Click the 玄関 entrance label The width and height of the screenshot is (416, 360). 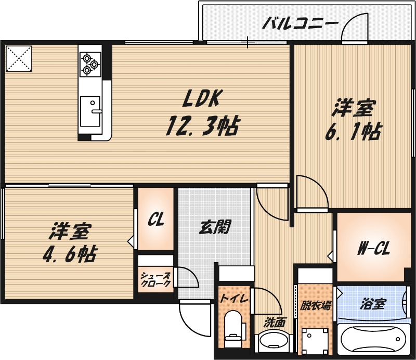point(215,227)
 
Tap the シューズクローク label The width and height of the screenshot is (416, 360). point(155,280)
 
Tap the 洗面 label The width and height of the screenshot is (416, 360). point(274,322)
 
